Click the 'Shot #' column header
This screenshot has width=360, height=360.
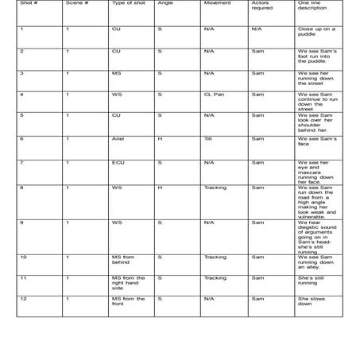pos(27,4)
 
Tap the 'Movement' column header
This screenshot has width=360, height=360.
pos(216,4)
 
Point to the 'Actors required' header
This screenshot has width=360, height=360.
pos(261,6)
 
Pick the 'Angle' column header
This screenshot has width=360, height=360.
pos(165,4)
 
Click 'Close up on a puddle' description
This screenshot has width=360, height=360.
pos(316,32)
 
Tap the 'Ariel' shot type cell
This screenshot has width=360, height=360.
pos(118,139)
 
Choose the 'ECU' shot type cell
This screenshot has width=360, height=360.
pos(118,162)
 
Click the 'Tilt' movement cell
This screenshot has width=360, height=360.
pos(207,139)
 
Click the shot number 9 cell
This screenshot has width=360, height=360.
pos(21,223)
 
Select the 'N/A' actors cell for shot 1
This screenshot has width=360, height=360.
pos(256,29)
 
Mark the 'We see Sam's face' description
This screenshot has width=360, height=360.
pos(316,141)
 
